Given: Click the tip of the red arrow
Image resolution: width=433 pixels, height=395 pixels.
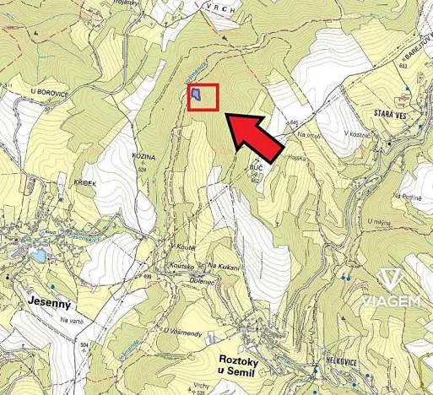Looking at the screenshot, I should (230, 120).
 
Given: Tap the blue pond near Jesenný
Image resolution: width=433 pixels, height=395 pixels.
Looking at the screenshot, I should (38, 256).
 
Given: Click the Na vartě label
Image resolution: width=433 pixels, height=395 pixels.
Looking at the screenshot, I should (73, 321).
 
